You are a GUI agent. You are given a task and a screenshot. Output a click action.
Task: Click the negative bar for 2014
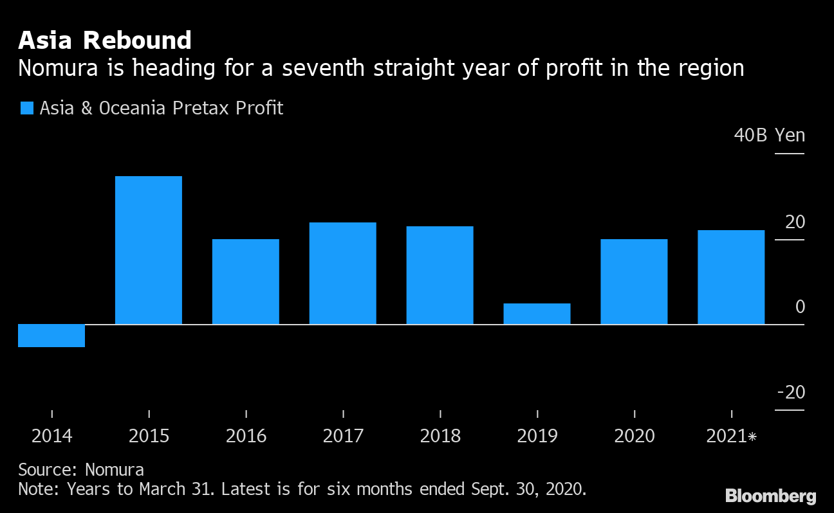[x=51, y=336]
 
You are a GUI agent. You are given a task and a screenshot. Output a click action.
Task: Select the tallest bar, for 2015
[x=149, y=250]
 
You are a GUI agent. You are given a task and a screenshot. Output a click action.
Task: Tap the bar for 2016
[x=246, y=282]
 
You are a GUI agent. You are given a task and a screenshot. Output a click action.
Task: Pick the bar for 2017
[x=343, y=273]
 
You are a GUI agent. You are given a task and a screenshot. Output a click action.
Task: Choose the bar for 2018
[x=440, y=275]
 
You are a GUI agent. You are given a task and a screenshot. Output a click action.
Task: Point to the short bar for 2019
[x=537, y=314]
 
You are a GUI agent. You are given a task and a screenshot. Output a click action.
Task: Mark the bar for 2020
[x=635, y=282]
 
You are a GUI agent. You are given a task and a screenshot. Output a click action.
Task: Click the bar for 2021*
[x=732, y=277]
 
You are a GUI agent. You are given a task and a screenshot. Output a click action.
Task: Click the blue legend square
[x=26, y=108]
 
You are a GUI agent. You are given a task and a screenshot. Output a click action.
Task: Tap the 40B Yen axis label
[x=770, y=136]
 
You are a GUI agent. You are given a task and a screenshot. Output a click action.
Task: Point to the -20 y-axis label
[x=791, y=392]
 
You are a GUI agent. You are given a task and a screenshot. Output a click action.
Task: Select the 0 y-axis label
[x=800, y=307]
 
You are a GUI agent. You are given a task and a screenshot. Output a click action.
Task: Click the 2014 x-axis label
[x=51, y=436]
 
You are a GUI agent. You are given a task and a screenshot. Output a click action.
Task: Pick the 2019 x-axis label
[x=537, y=436]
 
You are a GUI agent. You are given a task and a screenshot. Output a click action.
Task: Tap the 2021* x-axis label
[x=732, y=436]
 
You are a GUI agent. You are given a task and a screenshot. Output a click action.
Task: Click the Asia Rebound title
[x=105, y=40]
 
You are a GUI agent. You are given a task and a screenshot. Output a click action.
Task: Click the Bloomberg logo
[x=770, y=496]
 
